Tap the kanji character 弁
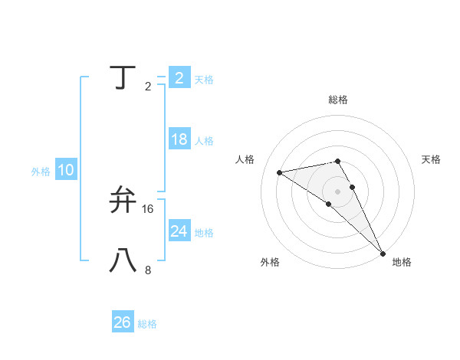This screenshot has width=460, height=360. tap(124, 200)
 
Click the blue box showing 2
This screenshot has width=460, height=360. tap(179, 77)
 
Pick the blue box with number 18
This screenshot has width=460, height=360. tap(179, 139)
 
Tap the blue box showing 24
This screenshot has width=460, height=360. tap(179, 231)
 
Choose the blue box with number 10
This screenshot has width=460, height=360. tap(66, 170)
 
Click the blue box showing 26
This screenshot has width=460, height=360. tap(123, 322)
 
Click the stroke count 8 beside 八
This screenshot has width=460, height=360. tap(148, 270)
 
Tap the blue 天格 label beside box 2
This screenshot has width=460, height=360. tap(204, 80)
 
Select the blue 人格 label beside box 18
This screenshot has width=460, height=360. tap(204, 141)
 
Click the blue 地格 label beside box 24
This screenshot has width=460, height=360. tap(204, 233)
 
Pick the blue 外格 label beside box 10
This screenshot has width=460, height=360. tap(41, 172)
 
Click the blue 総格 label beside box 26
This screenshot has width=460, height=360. tap(147, 324)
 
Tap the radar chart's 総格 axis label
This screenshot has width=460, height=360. tap(337, 100)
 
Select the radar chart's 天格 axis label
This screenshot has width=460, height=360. tap(431, 159)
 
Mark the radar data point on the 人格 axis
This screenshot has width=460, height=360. tap(280, 172)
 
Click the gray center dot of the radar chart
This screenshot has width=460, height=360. tap(337, 191)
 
